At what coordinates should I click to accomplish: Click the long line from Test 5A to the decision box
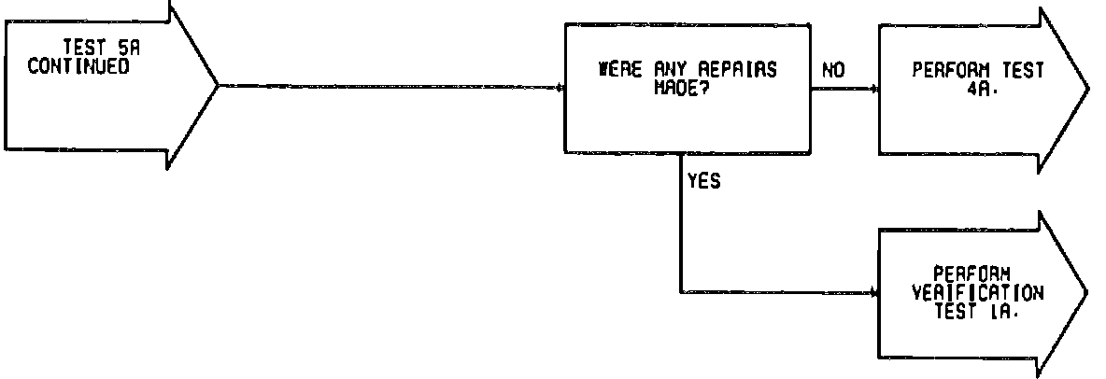point(392,88)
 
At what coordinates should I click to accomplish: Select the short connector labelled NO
point(845,90)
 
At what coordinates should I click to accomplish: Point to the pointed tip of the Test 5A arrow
point(217,87)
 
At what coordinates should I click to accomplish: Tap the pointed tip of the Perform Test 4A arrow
point(1087,90)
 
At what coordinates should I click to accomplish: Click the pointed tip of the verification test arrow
point(1087,291)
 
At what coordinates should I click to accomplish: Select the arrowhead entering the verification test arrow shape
point(874,292)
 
